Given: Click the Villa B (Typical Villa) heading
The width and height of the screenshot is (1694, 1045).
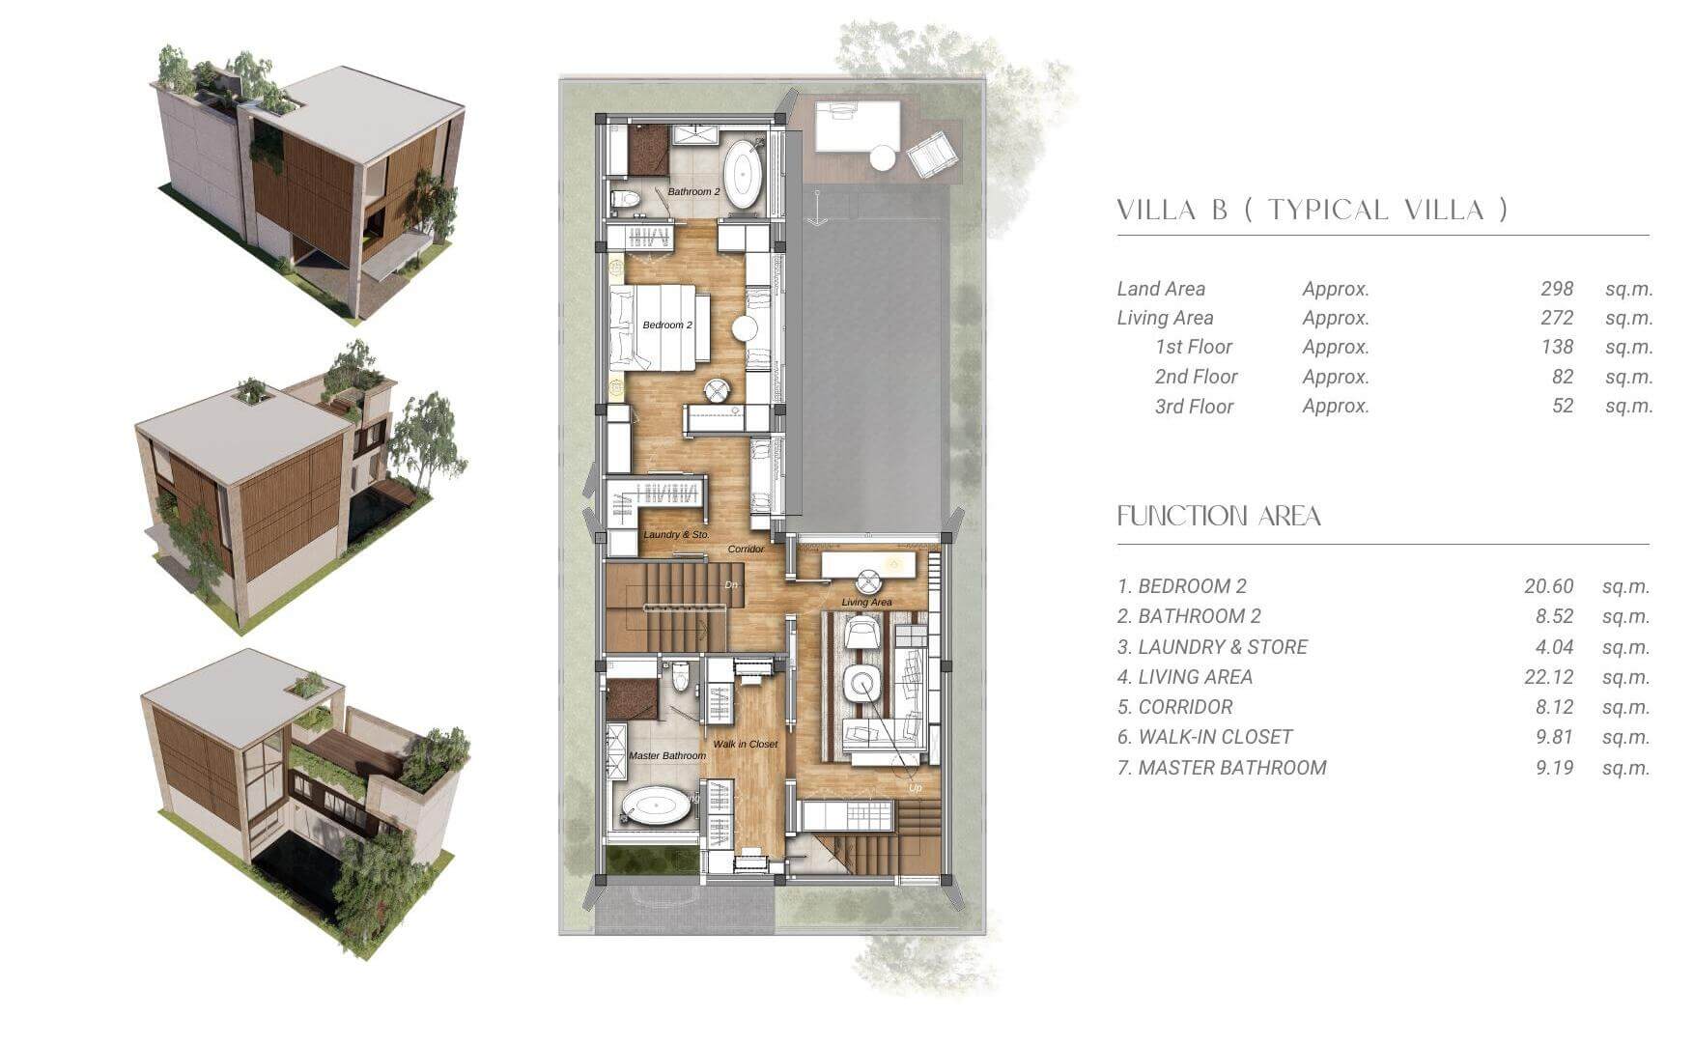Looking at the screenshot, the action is (1312, 210).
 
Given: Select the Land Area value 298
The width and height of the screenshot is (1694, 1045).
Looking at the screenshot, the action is (1557, 289).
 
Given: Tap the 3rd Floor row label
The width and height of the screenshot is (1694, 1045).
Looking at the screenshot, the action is (1194, 407).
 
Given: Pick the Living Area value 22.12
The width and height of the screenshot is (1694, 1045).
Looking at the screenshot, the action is (1549, 677).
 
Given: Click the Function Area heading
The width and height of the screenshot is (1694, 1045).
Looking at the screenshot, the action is (1219, 516).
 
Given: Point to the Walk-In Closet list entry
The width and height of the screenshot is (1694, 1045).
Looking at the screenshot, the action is (1204, 737).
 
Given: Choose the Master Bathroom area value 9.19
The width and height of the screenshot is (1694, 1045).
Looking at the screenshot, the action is (1555, 768).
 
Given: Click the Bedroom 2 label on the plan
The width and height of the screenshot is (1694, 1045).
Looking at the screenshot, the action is (667, 325).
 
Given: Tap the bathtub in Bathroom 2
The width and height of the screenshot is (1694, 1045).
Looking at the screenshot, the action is (743, 175).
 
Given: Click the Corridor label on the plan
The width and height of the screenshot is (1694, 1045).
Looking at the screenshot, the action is (746, 549).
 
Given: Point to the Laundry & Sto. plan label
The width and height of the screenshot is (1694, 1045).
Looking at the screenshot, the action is (676, 534).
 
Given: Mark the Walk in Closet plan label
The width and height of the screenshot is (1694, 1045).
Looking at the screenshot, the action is (745, 744).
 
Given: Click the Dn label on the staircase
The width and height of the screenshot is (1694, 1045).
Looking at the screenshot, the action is (731, 585).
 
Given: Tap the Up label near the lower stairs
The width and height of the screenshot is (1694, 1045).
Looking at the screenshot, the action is (915, 788).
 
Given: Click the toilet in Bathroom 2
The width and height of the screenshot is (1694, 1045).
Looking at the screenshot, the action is (628, 200).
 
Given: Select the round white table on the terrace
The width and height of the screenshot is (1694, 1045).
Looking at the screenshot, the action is (883, 157).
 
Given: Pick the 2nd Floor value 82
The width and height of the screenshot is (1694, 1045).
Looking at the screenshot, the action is (1563, 377).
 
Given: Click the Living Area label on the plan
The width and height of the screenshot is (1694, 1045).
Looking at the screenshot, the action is (866, 602).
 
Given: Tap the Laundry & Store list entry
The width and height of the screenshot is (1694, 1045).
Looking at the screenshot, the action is (1212, 647).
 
